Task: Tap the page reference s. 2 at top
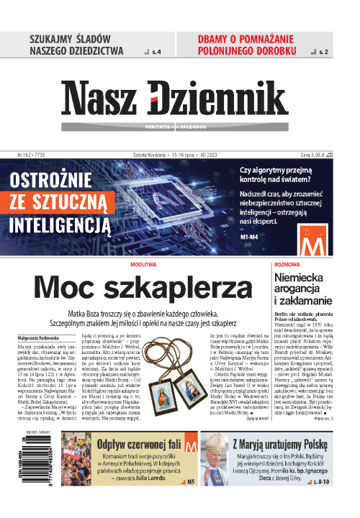[x=323, y=53]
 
